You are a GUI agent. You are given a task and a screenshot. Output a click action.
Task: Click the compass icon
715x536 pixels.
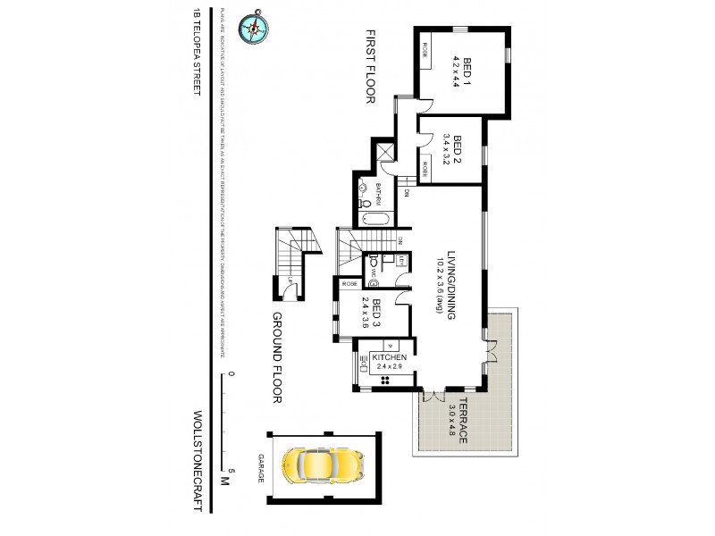253,28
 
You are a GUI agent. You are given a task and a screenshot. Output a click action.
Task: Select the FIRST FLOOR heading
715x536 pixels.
367,68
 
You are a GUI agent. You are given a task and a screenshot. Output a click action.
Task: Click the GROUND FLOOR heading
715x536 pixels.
278,358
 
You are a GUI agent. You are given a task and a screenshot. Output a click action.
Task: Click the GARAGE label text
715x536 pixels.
262,467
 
